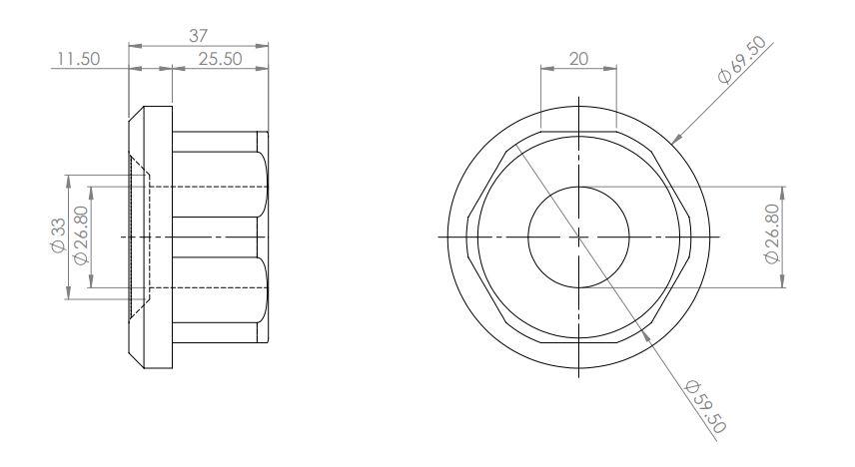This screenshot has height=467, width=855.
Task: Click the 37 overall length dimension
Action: coord(200,35)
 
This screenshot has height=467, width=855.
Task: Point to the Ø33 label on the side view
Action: coord(57,236)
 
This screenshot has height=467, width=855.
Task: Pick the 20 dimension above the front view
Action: coord(578,59)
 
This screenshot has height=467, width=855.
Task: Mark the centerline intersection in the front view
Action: coord(578,236)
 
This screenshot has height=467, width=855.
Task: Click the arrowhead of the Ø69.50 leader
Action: coord(675,140)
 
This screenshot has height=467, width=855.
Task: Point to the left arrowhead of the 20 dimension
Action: coord(544,70)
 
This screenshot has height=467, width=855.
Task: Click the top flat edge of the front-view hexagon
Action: coord(578,131)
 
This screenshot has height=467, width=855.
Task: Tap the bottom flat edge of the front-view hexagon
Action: coord(578,343)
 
